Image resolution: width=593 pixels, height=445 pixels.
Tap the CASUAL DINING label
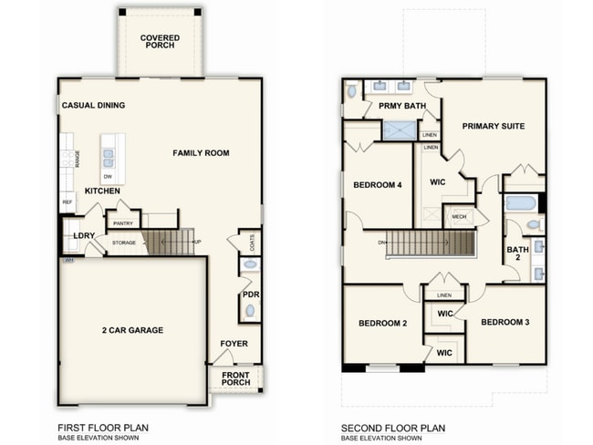click(93, 106)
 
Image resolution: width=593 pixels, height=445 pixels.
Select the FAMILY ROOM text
click(201, 153)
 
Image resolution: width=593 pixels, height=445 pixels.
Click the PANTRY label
click(121, 222)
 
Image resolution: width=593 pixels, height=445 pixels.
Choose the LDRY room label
click(85, 236)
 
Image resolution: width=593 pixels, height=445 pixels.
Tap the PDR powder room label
click(251, 295)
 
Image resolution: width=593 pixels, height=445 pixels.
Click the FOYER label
click(234, 344)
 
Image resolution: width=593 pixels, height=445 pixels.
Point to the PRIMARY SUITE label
click(493, 126)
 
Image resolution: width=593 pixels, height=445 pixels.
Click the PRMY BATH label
click(402, 107)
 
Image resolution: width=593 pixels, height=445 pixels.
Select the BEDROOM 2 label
click(382, 323)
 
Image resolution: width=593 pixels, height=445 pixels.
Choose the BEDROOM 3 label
click(505, 322)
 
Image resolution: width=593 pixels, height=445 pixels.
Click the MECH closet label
click(459, 217)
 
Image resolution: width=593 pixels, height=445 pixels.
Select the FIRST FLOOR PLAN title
click(103, 427)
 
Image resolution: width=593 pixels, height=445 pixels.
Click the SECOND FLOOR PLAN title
click(393, 427)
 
